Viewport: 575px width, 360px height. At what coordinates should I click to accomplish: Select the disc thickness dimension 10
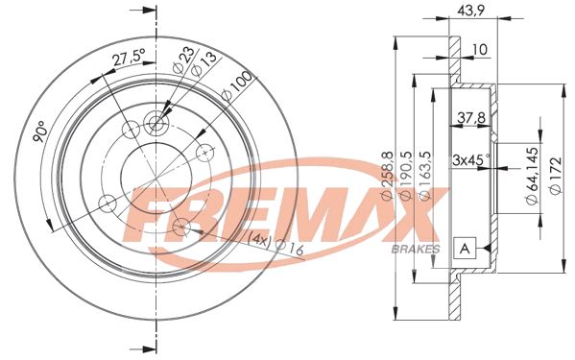478,49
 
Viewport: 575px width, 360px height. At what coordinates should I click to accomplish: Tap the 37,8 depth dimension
468,119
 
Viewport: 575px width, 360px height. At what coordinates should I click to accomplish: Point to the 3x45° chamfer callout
471,158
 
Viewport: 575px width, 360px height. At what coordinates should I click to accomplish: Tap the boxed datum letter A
466,248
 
